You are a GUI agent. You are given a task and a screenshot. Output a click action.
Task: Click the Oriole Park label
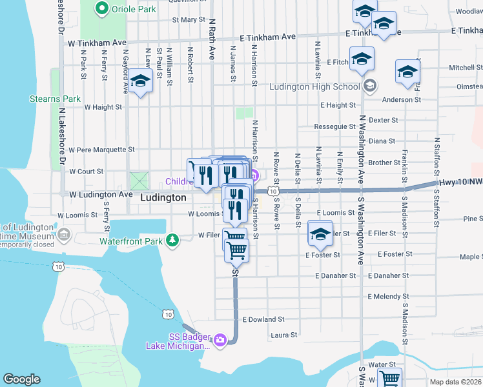click(x=134, y=9)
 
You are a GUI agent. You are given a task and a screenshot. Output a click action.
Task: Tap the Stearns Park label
click(x=55, y=99)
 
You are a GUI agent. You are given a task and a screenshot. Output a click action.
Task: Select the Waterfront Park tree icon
click(x=172, y=241)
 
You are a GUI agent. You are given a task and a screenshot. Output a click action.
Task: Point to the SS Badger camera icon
click(x=220, y=340)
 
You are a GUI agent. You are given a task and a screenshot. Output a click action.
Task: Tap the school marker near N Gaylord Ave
click(x=139, y=82)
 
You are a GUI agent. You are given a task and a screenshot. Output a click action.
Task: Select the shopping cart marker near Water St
click(x=390, y=379)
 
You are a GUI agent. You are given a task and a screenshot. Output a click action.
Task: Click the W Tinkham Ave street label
click(x=97, y=42)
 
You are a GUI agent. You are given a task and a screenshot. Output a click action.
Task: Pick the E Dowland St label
click(x=263, y=319)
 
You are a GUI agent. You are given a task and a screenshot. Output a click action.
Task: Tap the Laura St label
click(x=283, y=335)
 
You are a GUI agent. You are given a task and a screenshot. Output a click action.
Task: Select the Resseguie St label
click(x=334, y=126)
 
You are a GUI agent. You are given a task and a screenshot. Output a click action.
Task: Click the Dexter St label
click(x=383, y=120)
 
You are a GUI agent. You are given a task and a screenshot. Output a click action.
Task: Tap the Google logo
click(x=21, y=379)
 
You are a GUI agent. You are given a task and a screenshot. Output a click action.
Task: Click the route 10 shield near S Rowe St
click(x=274, y=192)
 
